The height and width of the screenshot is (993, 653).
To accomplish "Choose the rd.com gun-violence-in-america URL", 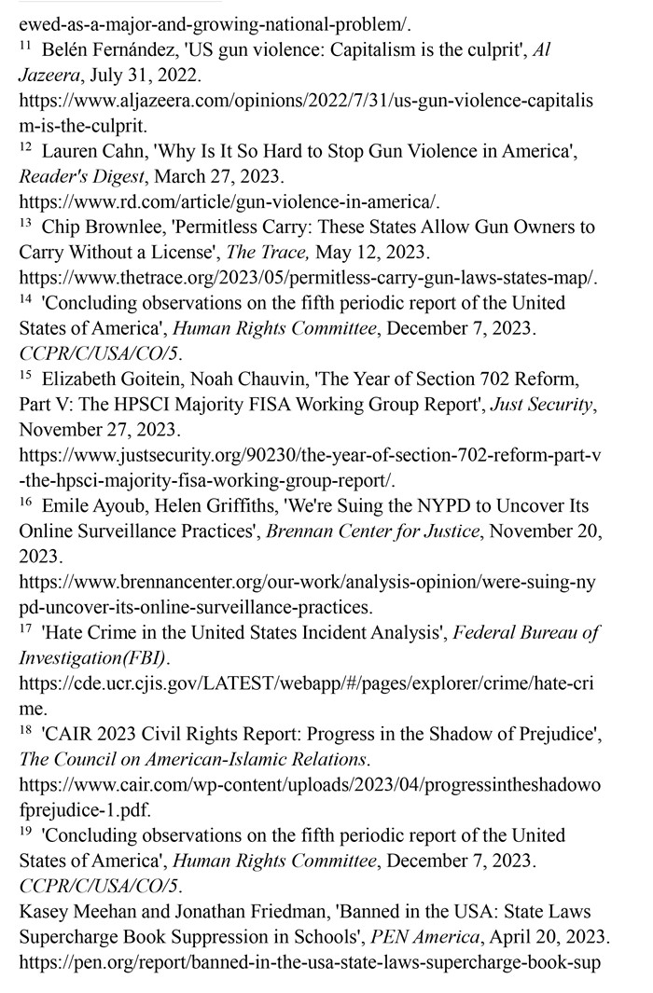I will [229, 202].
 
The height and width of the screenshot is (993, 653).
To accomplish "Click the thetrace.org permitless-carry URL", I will [308, 278].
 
